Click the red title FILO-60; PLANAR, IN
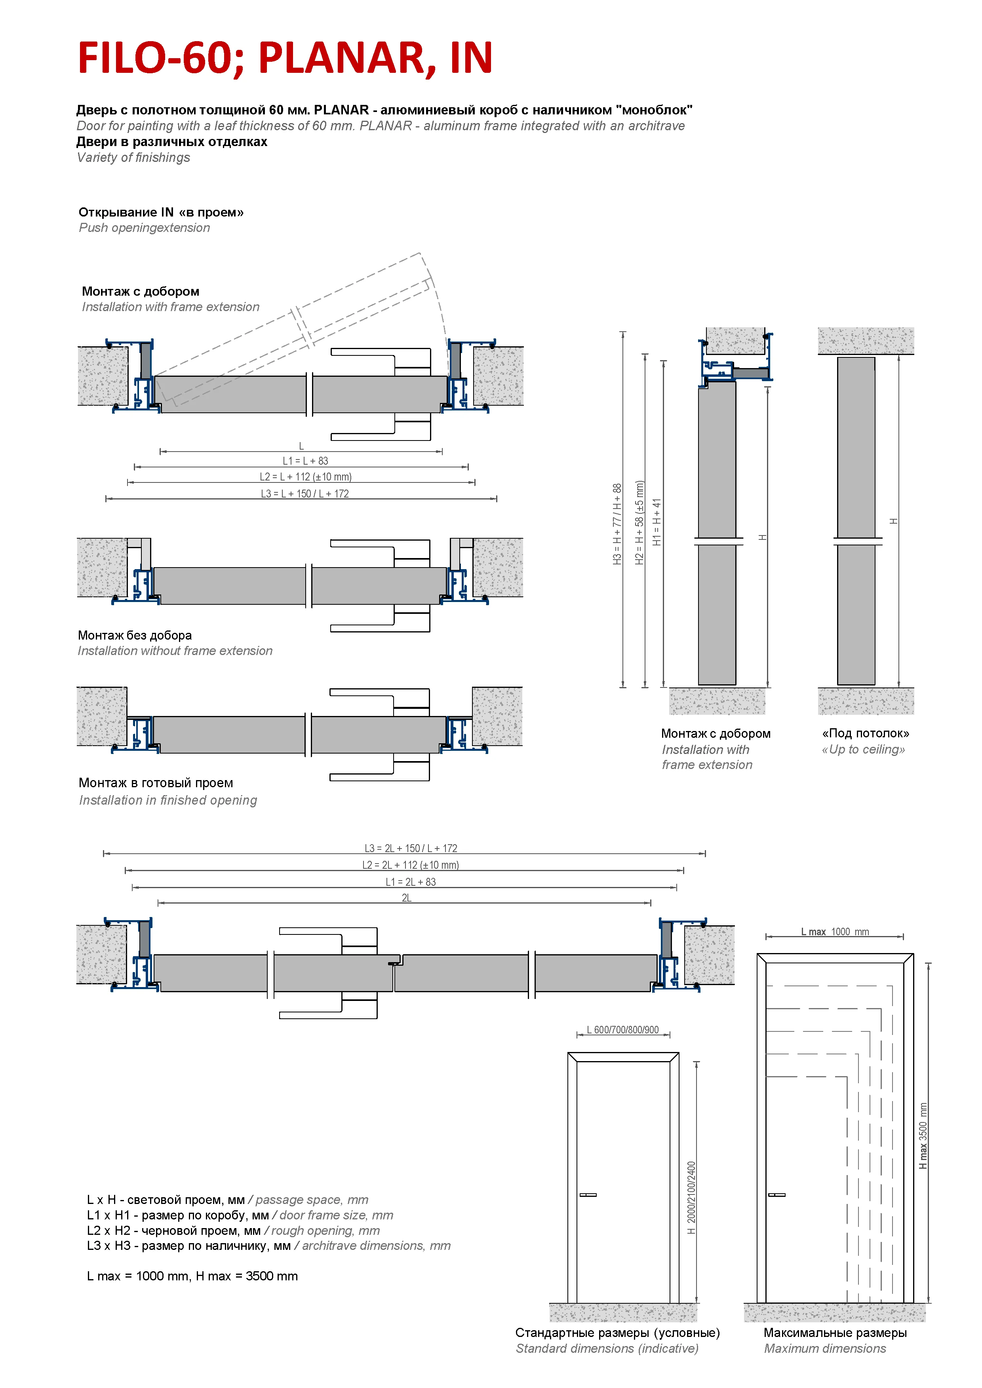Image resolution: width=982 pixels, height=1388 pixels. coord(285,58)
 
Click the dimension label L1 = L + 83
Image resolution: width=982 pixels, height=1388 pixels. coord(305,461)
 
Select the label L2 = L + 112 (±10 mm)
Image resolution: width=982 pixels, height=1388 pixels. coord(305,477)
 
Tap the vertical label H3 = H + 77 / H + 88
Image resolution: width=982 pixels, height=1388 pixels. coord(617,524)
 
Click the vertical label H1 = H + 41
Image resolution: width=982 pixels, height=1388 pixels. coord(657,522)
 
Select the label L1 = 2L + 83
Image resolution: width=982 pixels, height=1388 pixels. coord(411,882)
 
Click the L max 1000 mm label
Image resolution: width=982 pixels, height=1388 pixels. coord(835,932)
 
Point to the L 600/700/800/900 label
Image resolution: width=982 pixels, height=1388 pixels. coord(623,1030)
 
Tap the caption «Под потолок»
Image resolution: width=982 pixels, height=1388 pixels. coord(865,733)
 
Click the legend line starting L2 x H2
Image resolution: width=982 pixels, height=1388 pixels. coord(233,1230)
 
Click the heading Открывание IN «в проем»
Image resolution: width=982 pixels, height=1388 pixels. coord(161,212)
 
